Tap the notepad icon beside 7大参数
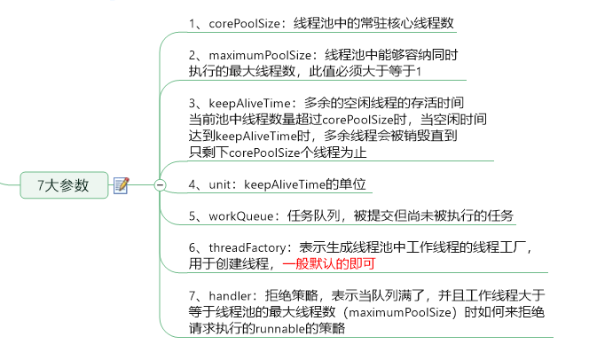[122, 184]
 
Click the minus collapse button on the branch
[160, 184]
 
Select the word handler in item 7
[233, 295]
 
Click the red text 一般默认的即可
[329, 264]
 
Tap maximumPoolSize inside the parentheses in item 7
[402, 311]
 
